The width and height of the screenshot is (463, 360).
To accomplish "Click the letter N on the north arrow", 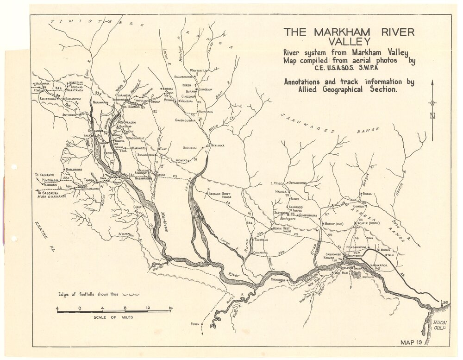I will pyautogui.click(x=432, y=116).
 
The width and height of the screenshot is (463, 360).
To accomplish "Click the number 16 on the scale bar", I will pyautogui.click(x=170, y=307).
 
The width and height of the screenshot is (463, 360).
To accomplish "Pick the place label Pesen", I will pyautogui.click(x=194, y=324).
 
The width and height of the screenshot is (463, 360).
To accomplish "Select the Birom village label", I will pyautogui.click(x=167, y=88).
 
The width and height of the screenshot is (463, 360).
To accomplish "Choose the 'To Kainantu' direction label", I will pyautogui.click(x=43, y=175).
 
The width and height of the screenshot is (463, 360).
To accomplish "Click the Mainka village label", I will pyautogui.click(x=218, y=145).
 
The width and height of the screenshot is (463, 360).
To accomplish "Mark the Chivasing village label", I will pyautogui.click(x=260, y=253).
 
